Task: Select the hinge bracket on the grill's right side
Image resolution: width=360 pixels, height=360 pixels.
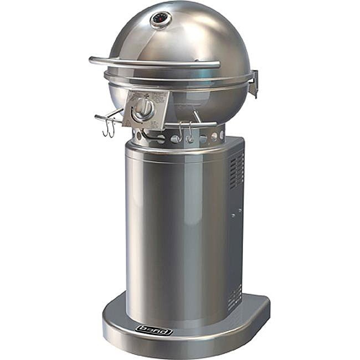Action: pyautogui.click(x=254, y=83)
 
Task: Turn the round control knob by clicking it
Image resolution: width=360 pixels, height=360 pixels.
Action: pyautogui.click(x=143, y=109)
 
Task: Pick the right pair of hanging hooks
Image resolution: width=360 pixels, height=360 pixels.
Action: pyautogui.click(x=185, y=132)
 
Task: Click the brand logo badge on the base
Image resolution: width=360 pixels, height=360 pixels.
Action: pyautogui.click(x=154, y=331)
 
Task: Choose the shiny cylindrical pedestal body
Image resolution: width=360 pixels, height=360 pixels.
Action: pyautogui.click(x=172, y=233)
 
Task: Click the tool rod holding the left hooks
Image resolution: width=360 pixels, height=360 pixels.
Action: pyautogui.click(x=108, y=117)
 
